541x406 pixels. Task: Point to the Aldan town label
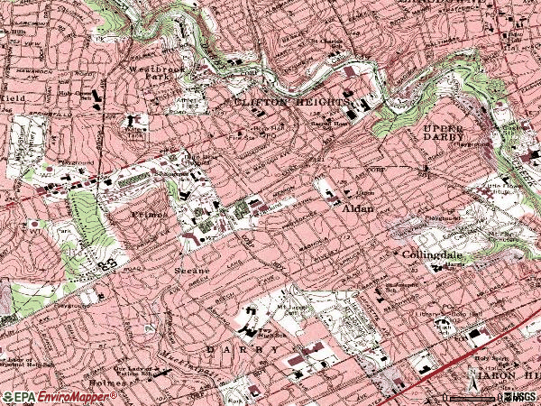pyautogui.click(x=359, y=208)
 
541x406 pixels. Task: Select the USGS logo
pyautogui.click(x=521, y=397)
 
